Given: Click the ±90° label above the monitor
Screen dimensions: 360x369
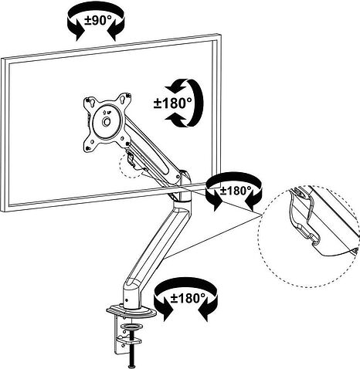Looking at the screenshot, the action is coord(98,20).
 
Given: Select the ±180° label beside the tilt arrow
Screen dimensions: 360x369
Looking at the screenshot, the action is coord(173,103).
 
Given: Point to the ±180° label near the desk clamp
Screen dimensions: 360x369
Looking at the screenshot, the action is coord(188,299).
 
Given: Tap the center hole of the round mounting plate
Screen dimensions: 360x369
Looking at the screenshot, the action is coord(106,121).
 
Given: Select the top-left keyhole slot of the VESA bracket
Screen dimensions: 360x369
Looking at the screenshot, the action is coord(90,101).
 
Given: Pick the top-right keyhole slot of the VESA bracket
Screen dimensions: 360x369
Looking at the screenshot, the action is coord(127,96).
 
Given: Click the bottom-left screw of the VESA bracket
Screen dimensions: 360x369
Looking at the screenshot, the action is coord(88,147).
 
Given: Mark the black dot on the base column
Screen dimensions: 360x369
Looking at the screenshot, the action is coord(127,300).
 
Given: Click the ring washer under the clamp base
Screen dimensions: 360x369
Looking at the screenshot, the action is coord(132,327).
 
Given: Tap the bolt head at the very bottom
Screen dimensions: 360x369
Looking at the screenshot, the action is coord(132,367).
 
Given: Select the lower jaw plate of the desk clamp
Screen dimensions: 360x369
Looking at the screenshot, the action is coord(128,341).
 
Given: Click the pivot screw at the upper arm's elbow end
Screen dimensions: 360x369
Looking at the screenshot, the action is coord(178,176).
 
